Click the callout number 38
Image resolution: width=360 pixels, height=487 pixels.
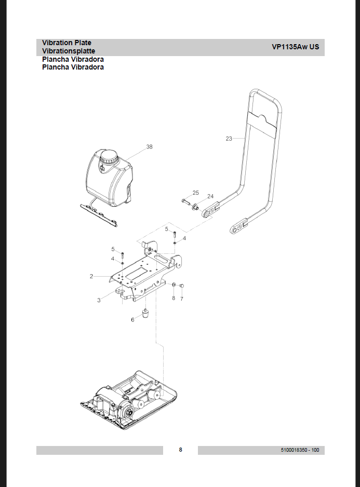click(150, 147)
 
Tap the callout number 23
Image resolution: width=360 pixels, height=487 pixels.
click(229, 139)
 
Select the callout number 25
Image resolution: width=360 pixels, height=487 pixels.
click(195, 193)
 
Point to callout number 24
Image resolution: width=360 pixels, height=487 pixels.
click(210, 196)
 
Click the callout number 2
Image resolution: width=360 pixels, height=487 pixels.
click(91, 276)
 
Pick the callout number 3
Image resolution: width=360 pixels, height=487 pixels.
click(99, 300)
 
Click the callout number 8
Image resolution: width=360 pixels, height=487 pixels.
click(174, 299)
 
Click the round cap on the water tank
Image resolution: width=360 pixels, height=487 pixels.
click(110, 156)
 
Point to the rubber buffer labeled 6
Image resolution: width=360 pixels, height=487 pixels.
click(145, 313)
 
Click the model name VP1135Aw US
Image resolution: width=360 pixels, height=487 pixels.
click(295, 47)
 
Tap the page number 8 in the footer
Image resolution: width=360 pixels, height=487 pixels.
click(180, 450)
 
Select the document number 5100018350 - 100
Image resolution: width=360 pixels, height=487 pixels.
click(299, 450)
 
